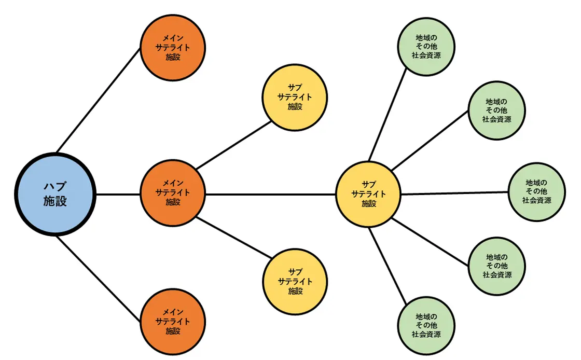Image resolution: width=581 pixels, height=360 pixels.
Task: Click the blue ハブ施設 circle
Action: pos(56,195)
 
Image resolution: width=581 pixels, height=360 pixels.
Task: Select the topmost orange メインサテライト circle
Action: pos(173,49)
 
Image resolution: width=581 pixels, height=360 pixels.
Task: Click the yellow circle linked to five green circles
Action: pos(368,194)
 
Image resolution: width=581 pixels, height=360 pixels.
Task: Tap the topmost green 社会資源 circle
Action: pos(426,46)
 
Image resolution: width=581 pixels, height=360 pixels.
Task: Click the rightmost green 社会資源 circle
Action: pos(536,191)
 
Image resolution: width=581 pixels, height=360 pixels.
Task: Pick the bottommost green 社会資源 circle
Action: pos(426,325)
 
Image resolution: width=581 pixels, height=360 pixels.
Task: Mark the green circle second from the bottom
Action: pos(496,266)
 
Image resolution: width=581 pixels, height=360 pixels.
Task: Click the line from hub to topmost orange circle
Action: pos(99,99)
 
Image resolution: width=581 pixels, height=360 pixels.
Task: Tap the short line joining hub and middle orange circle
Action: pos(118,195)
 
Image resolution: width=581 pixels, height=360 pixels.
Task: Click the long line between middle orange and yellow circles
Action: pos(270,195)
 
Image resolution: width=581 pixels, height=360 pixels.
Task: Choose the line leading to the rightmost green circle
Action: pos(454,193)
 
